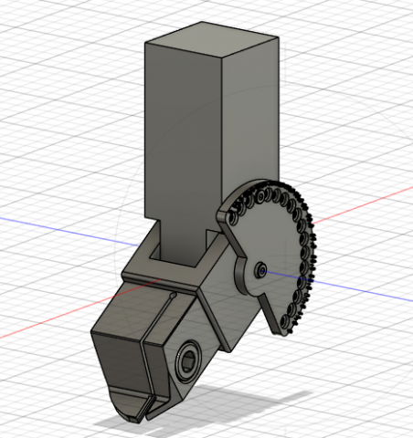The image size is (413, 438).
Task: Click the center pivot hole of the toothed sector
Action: click(x=261, y=269)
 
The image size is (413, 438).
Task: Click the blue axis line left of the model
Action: click(x=55, y=223)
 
